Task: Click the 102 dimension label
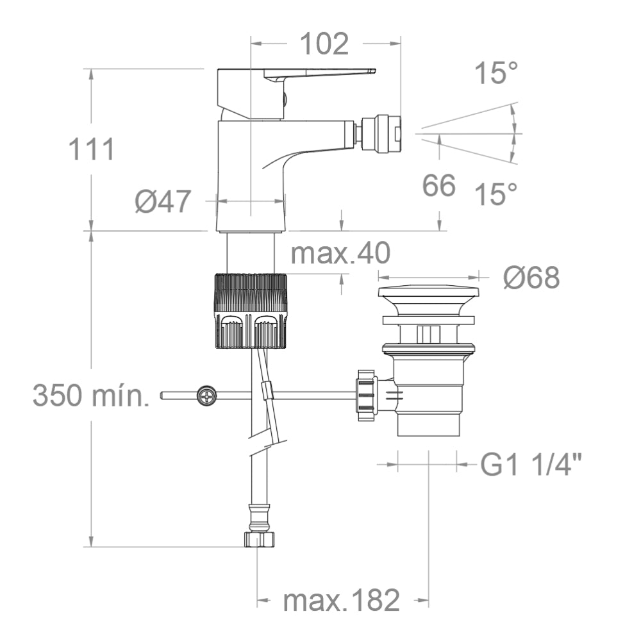click(x=324, y=44)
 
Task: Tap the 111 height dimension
click(x=92, y=149)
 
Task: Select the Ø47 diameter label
click(x=163, y=202)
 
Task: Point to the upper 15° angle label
click(x=496, y=73)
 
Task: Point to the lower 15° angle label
click(x=496, y=193)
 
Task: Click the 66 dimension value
click(x=439, y=186)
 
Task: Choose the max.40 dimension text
click(x=340, y=254)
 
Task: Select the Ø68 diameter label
click(x=531, y=278)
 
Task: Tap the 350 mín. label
click(x=91, y=395)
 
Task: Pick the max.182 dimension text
click(x=342, y=601)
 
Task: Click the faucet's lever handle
click(x=320, y=73)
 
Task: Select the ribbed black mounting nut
click(x=249, y=311)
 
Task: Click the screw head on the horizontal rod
click(x=207, y=396)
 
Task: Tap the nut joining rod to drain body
click(x=365, y=395)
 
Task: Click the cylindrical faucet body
click(x=250, y=173)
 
